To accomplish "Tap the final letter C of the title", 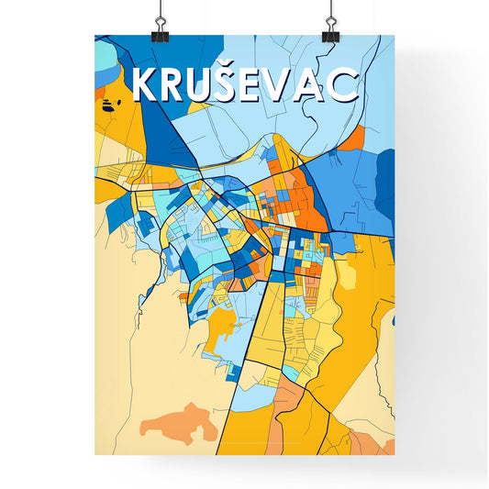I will (x=346, y=85).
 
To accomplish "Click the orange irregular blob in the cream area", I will (x=178, y=423).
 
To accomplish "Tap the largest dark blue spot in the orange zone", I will (x=109, y=106).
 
